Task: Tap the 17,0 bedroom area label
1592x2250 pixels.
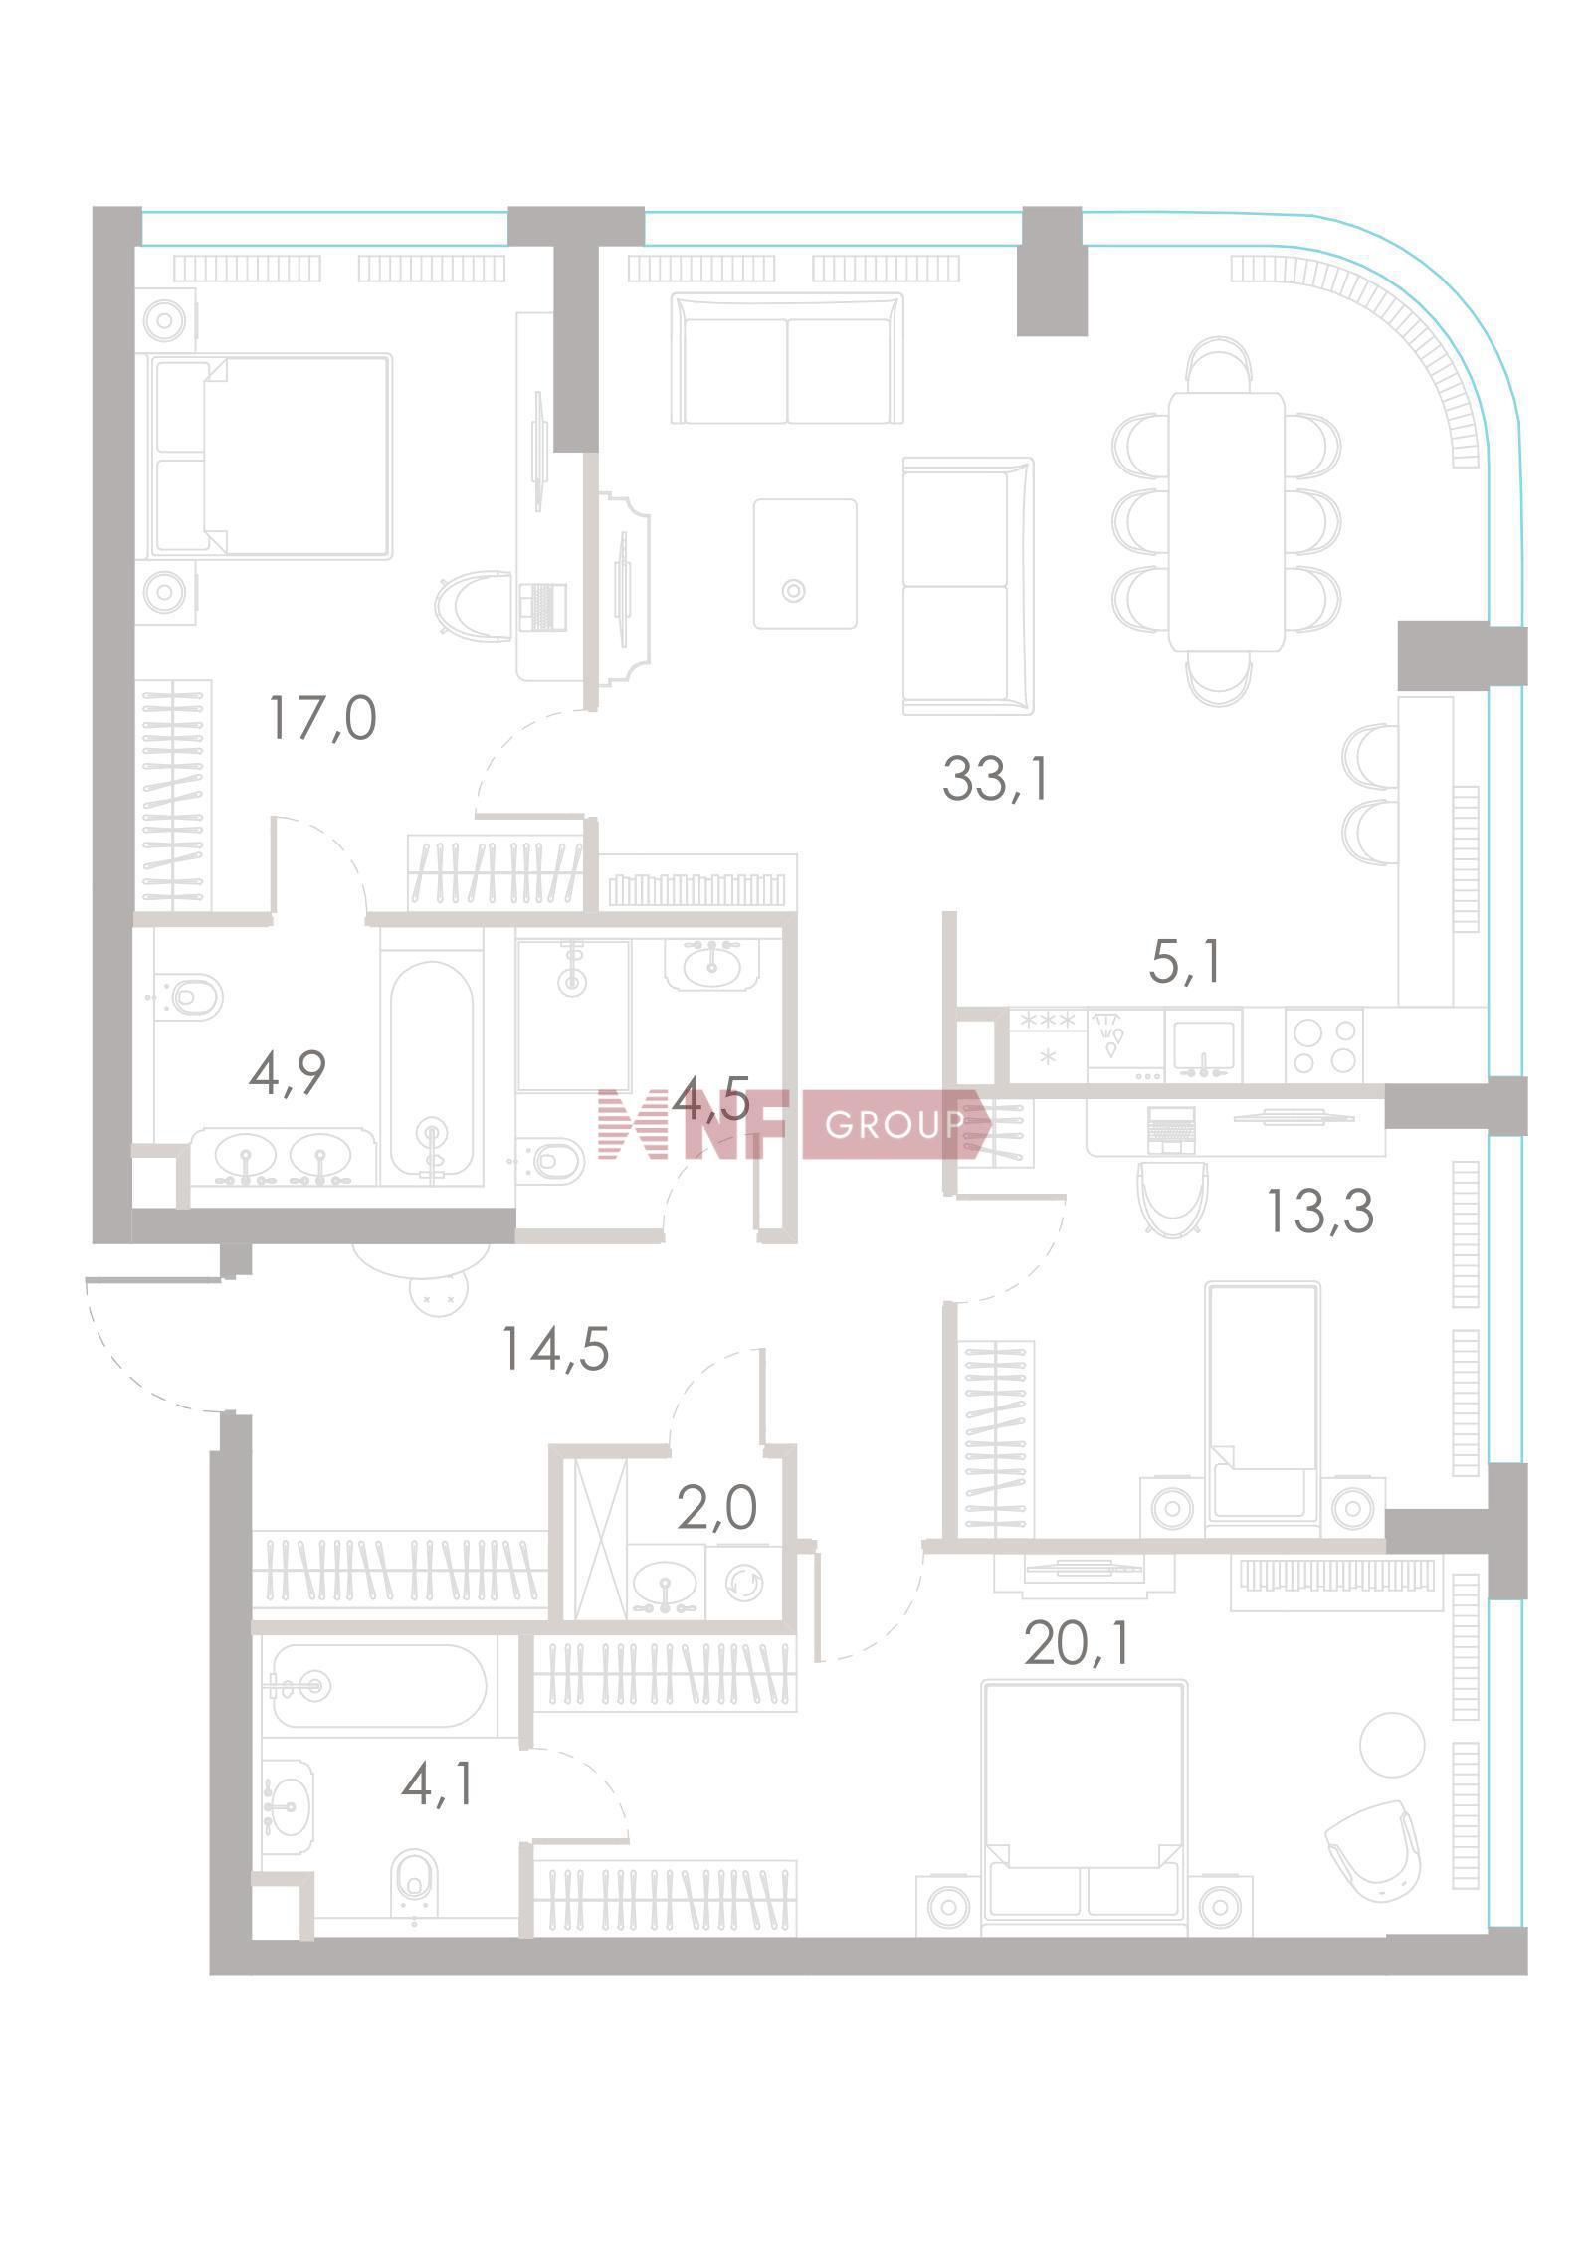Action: pyautogui.click(x=322, y=718)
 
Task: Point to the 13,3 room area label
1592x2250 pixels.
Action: pyautogui.click(x=1319, y=1212)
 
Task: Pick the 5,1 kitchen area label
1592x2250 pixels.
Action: pyautogui.click(x=1184, y=962)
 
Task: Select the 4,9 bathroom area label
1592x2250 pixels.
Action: pyautogui.click(x=287, y=1073)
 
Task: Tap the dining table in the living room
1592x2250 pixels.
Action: pyautogui.click(x=1226, y=521)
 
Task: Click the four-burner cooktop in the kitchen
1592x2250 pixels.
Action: pyautogui.click(x=1322, y=1045)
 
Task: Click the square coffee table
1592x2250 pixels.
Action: pyautogui.click(x=804, y=563)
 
